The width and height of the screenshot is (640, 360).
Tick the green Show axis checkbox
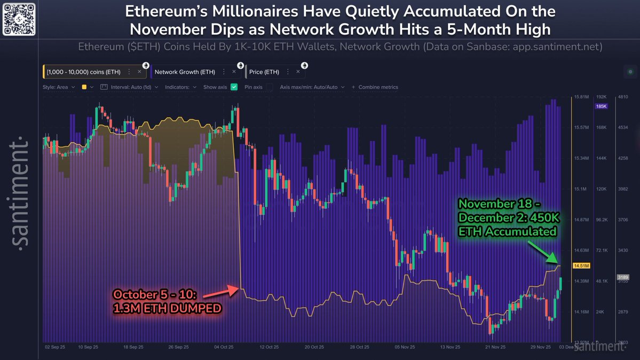(x=234, y=87)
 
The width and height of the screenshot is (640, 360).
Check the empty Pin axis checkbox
(x=270, y=87)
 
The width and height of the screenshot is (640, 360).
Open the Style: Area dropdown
(x=59, y=87)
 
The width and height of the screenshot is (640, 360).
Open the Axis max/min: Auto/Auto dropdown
(x=312, y=87)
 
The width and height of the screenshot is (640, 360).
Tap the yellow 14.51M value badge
(x=581, y=265)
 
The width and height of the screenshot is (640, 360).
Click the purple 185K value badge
(x=601, y=106)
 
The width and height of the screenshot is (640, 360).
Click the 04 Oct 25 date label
(x=224, y=347)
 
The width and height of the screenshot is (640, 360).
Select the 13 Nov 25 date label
(x=450, y=347)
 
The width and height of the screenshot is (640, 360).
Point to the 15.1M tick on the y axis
(x=581, y=189)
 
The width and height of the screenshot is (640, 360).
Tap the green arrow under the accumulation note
(x=542, y=252)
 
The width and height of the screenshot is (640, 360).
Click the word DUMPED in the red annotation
(x=197, y=308)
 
